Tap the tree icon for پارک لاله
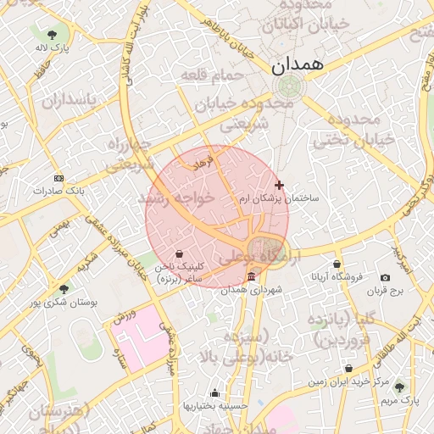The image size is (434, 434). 53,35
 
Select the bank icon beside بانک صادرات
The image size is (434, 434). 58,178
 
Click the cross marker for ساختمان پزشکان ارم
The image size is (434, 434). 280,185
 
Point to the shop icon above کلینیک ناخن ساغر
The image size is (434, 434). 180,253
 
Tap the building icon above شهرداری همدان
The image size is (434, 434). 252,278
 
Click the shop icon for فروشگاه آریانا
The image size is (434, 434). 337,264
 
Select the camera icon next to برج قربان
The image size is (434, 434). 386,278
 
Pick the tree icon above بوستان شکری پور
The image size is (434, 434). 64,289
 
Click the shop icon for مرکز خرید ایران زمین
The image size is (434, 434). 349,368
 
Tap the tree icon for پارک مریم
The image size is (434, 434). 400,387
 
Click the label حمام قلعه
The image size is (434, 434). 212,76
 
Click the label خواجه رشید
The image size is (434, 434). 178,198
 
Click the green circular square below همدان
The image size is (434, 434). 290,86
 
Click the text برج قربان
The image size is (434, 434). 387,291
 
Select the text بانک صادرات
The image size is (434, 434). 58,191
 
